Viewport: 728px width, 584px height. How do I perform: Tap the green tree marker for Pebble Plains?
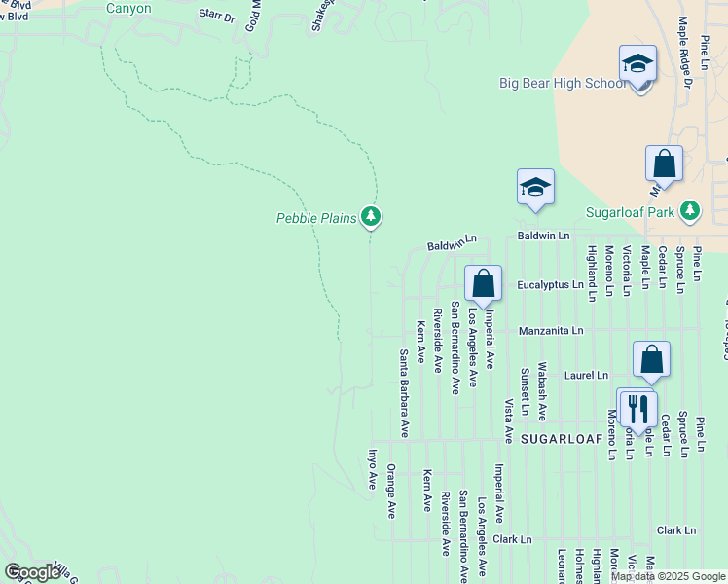point(370,216)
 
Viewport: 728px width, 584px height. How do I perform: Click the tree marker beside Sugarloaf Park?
point(690,210)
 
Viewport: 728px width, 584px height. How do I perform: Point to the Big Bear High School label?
point(564,83)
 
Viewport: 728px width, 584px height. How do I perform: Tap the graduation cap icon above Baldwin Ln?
point(535,186)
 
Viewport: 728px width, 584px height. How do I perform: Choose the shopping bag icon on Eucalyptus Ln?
point(483,284)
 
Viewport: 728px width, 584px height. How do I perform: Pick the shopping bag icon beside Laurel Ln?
point(651,358)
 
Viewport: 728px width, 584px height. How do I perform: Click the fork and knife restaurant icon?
point(638,407)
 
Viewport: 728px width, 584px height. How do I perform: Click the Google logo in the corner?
point(31,572)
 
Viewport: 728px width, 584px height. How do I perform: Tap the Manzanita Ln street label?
point(551,331)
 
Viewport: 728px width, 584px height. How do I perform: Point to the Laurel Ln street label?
point(588,375)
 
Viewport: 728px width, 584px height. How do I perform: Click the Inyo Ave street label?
point(372,467)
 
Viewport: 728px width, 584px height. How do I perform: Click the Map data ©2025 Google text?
point(668,576)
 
